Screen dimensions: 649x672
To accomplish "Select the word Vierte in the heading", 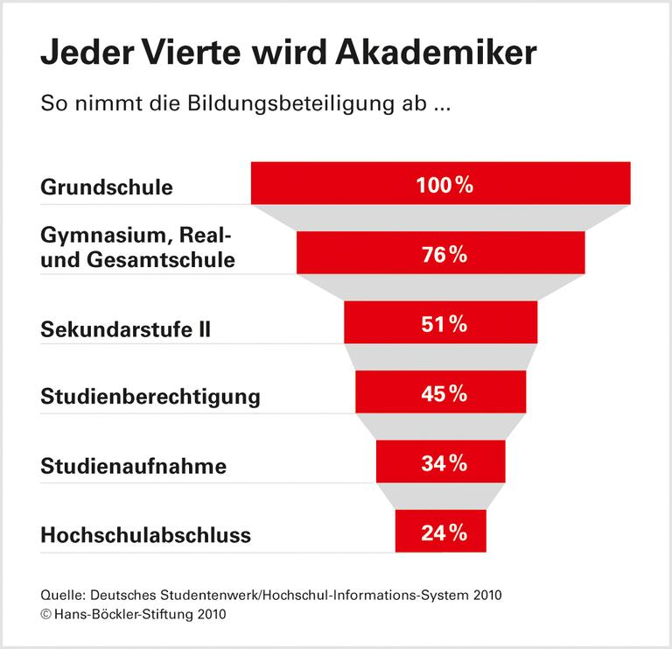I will tap(217, 53).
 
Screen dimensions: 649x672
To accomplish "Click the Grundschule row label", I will tap(107, 187).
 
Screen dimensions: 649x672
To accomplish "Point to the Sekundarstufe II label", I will tap(126, 329).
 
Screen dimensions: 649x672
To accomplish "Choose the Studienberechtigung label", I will tap(150, 396).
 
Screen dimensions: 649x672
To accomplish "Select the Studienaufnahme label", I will tap(133, 466).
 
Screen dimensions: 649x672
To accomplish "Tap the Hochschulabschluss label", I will tap(145, 534).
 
